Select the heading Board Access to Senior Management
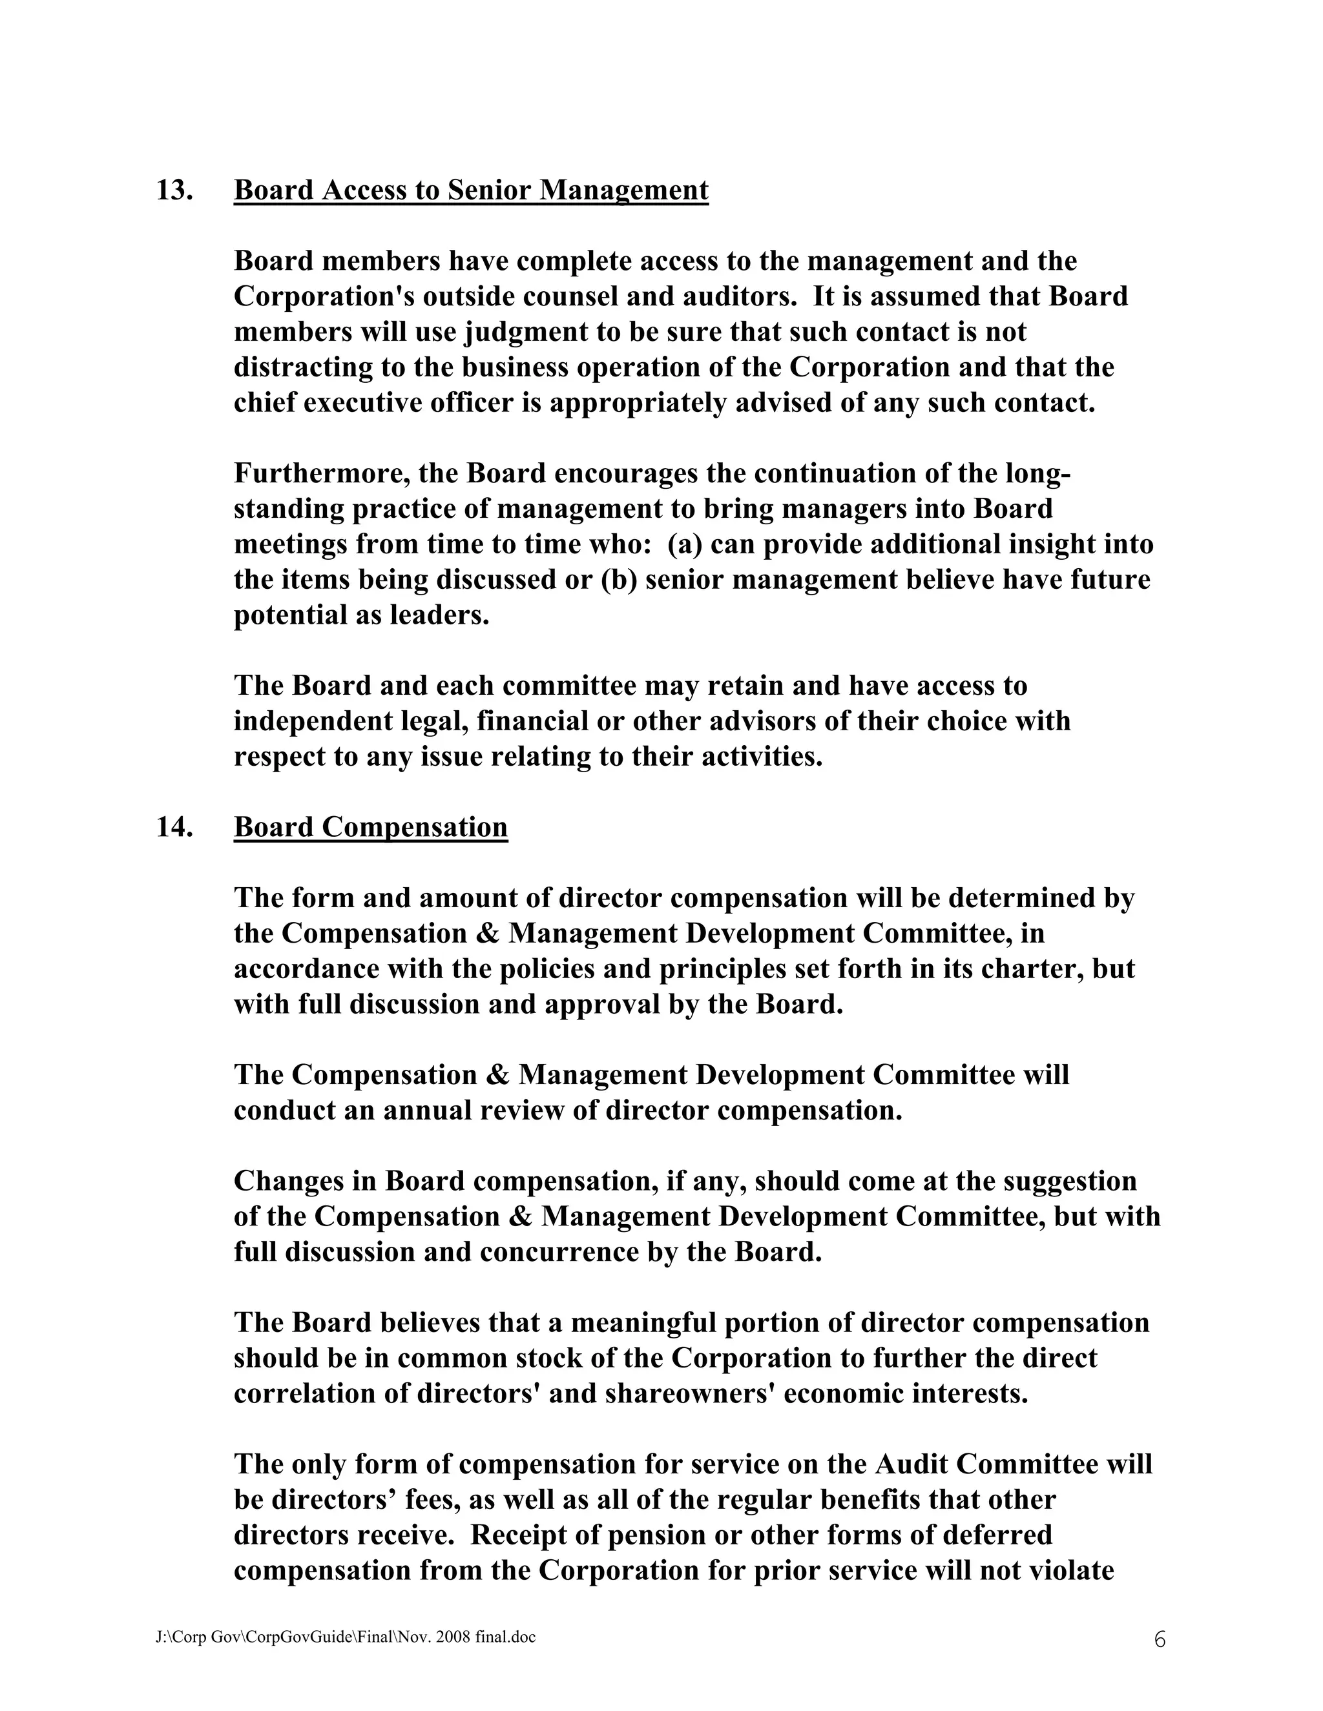(x=471, y=190)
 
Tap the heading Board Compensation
(x=371, y=827)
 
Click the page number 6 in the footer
(x=1159, y=1639)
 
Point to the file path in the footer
(x=346, y=1637)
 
